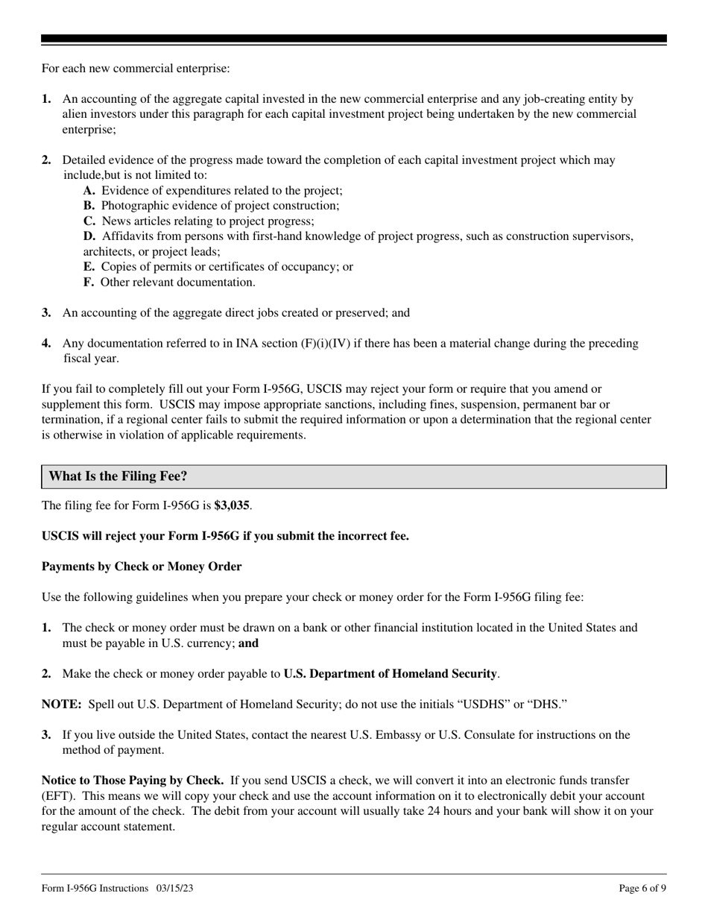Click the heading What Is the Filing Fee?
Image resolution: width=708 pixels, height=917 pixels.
pyautogui.click(x=118, y=476)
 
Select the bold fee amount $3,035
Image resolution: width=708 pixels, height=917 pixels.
pyautogui.click(x=232, y=505)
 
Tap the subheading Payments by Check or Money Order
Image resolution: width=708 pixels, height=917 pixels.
pyautogui.click(x=142, y=567)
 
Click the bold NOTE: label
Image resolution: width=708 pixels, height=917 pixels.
pyautogui.click(x=60, y=705)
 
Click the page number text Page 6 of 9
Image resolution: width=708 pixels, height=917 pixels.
pyautogui.click(x=642, y=888)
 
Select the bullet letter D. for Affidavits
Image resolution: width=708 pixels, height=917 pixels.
pyautogui.click(x=90, y=236)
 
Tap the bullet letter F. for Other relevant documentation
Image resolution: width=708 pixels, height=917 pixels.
pyautogui.click(x=89, y=283)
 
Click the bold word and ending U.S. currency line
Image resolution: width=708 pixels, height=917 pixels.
pyautogui.click(x=249, y=643)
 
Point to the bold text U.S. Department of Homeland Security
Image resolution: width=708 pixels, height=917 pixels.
pyautogui.click(x=391, y=674)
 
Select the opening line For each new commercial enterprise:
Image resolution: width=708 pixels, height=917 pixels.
pyautogui.click(x=136, y=69)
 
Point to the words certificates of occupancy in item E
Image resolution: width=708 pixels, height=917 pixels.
pyautogui.click(x=270, y=267)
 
